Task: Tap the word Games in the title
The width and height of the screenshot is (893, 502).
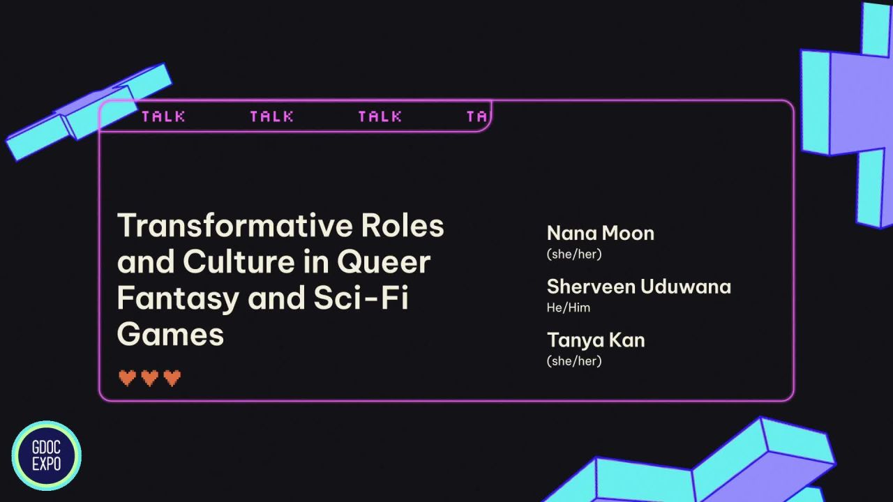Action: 170,335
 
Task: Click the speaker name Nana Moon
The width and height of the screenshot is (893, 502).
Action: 600,233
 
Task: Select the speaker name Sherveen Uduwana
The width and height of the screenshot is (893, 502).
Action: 638,287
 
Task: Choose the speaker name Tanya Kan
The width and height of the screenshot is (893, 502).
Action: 595,340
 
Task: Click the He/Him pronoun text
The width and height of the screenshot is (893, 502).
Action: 568,307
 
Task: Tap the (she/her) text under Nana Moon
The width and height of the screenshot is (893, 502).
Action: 573,254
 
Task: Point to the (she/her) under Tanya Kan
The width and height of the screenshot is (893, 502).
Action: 573,360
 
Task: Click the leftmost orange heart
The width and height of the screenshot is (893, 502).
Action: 127,378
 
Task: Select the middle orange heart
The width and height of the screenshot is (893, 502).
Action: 149,378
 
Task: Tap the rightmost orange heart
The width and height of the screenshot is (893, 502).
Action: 172,378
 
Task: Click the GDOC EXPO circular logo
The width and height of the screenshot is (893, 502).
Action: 46,456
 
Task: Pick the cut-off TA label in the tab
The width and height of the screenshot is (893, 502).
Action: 476,116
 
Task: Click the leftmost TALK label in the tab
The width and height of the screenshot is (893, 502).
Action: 163,116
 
